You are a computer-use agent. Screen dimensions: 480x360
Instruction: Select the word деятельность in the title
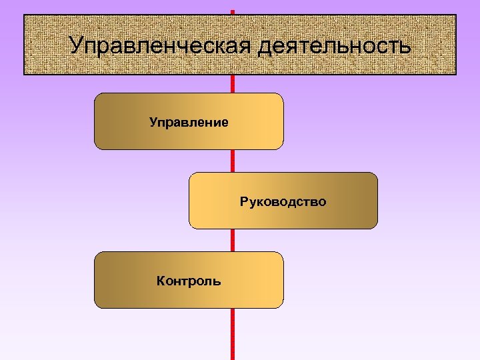pos(334,47)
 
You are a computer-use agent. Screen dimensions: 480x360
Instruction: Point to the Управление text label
pos(189,122)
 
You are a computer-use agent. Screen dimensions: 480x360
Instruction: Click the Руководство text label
pos(283,201)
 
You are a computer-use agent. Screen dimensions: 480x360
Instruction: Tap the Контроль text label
pos(189,281)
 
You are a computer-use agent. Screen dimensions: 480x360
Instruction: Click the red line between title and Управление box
pos(233,84)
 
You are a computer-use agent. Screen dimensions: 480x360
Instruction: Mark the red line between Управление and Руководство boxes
pos(233,161)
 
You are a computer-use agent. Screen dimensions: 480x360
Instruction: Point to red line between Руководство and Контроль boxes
pos(233,240)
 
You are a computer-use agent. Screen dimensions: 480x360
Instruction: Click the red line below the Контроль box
pos(233,333)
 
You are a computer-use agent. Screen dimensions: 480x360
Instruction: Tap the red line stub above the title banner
pos(233,12)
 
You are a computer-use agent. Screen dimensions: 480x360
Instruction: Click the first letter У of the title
pos(77,46)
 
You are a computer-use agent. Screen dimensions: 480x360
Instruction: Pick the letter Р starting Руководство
pos(244,201)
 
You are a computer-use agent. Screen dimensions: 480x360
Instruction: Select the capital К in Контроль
pos(161,281)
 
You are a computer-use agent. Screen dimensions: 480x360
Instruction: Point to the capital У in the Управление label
pos(153,122)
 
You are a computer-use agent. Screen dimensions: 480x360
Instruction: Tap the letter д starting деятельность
pos(264,47)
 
